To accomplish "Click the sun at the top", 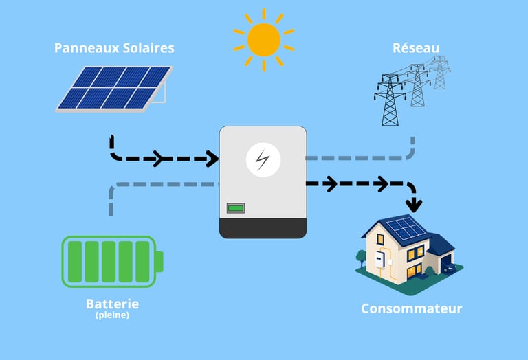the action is pos(264,39).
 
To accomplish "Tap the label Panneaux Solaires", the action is pos(114,48).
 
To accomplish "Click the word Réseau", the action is pos(416,48).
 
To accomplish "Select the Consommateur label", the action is pos(411,308).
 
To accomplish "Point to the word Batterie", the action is pos(112,304).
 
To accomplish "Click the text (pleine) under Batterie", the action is pos(112,316).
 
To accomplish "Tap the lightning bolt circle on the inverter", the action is pos(263,159).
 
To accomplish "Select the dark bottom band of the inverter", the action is pos(263,227).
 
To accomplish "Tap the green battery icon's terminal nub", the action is pos(159,262).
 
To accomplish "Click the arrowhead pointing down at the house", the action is pos(414,204).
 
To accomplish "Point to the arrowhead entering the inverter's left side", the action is pos(210,159).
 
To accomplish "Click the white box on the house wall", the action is pos(377,259).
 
